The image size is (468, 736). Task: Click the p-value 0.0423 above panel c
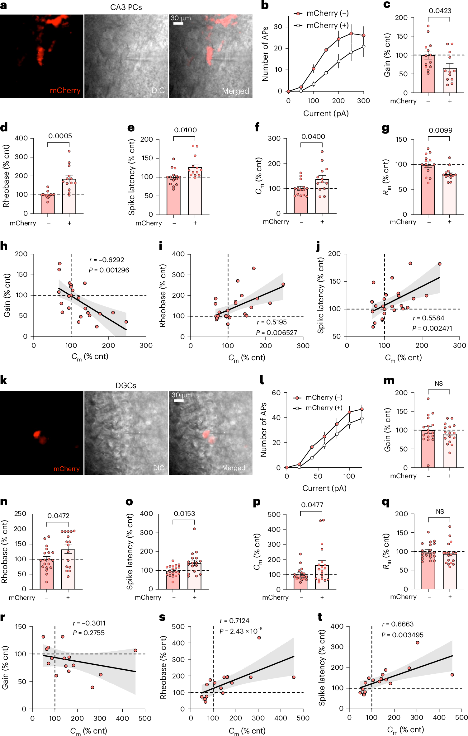440,11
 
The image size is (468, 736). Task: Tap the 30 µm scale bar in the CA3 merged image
178,23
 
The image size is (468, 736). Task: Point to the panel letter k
4,380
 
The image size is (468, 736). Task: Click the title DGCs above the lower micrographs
126,385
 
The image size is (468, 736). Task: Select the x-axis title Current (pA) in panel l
324,488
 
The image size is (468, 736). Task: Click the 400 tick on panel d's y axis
21,138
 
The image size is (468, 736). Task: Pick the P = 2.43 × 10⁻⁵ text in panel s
241,631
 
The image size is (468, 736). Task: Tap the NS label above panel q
440,512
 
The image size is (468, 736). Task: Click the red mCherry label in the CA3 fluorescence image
65,91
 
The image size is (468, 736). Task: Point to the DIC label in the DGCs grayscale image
158,468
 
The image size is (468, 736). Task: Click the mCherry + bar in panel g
449,195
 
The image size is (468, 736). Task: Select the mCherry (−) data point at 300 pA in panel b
363,35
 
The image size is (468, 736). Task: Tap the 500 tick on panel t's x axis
461,718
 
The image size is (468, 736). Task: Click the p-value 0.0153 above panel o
184,513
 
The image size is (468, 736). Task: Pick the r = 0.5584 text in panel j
428,318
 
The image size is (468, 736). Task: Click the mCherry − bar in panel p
300,582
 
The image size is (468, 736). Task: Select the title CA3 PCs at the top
126,7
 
